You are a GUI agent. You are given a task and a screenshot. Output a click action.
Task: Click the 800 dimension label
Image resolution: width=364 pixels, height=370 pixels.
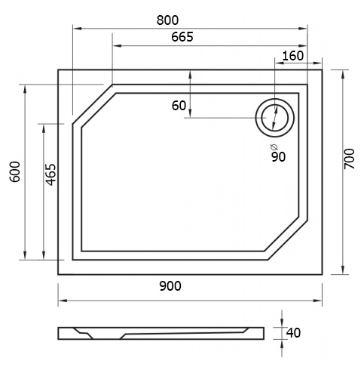pyautogui.click(x=167, y=20)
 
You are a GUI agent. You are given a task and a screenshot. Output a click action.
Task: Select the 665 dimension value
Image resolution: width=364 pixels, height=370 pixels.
pyautogui.click(x=182, y=37)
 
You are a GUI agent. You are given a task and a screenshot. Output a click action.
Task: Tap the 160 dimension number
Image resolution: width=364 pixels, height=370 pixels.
pyautogui.click(x=293, y=56)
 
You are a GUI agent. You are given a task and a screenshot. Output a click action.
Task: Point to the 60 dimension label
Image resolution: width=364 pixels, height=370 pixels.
pyautogui.click(x=179, y=106)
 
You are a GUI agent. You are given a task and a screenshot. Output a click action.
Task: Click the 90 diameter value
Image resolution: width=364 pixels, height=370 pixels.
pyautogui.click(x=279, y=157)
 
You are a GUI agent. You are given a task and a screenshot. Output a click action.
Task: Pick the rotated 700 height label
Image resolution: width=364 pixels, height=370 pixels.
pyautogui.click(x=350, y=159)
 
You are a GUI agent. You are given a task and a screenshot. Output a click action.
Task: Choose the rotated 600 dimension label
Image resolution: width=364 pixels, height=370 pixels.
pyautogui.click(x=15, y=171)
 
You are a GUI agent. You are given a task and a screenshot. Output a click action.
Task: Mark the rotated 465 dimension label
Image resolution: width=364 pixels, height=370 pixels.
pyautogui.click(x=50, y=174)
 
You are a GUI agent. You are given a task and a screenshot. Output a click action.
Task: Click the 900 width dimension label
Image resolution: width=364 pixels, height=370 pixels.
pyautogui.click(x=170, y=286)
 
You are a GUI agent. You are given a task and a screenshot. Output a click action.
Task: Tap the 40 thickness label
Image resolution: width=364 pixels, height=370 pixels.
pyautogui.click(x=293, y=333)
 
